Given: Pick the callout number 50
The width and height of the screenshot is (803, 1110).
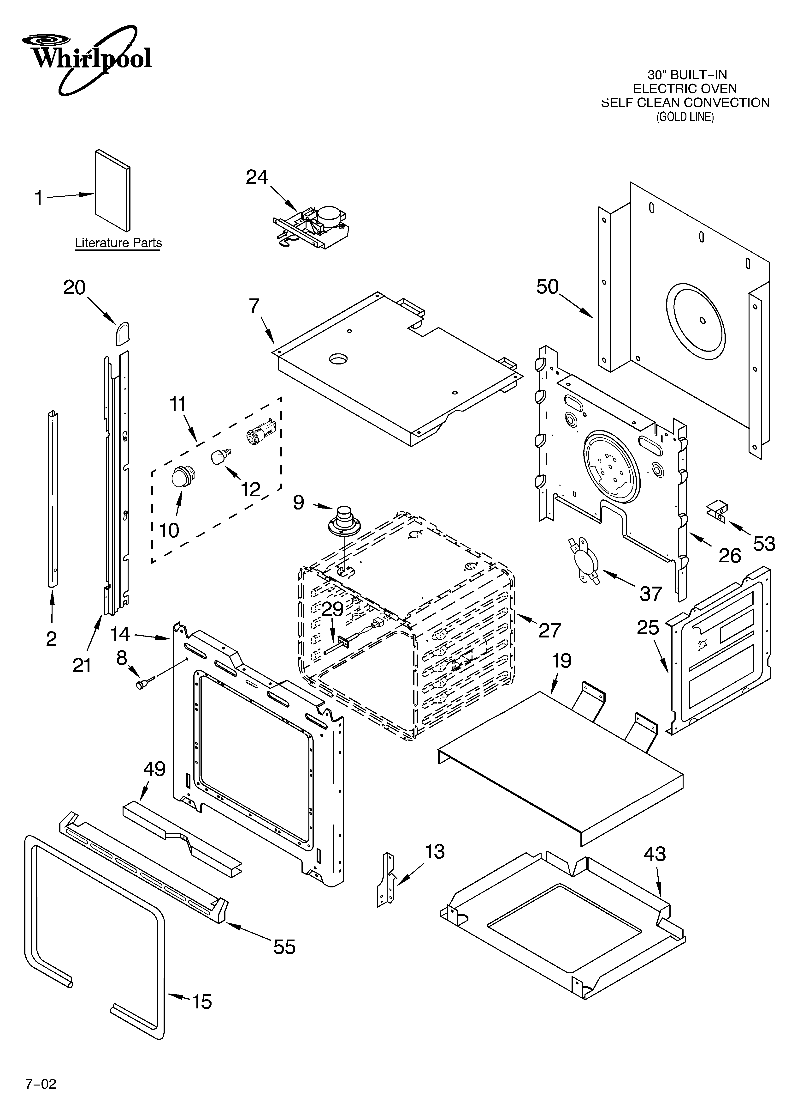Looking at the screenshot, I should [547, 287].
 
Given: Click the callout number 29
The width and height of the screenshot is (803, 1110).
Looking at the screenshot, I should [333, 609].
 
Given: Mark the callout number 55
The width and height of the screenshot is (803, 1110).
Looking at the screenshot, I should [284, 947].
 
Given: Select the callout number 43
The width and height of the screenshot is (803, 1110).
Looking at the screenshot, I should [654, 854].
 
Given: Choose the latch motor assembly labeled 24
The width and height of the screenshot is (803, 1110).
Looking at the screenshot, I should [313, 226].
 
